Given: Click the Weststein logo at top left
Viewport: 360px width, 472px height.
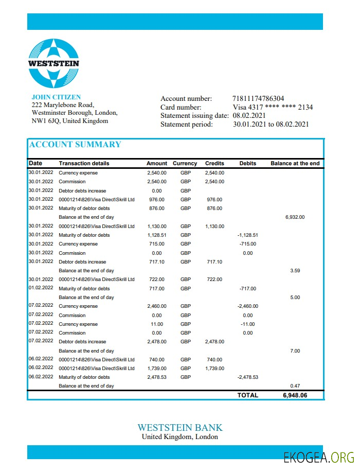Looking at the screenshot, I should [x=53, y=63].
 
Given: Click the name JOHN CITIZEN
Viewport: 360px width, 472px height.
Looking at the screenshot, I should [x=56, y=97].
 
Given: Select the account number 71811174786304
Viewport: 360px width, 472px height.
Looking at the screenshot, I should [x=258, y=99].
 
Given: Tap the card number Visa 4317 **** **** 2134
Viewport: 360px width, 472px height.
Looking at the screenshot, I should [x=273, y=107].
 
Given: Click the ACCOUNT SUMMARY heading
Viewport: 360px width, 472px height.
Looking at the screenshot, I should [x=75, y=145].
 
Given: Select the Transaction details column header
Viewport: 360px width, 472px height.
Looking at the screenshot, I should [x=84, y=164].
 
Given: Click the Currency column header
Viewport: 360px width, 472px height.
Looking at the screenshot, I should [x=185, y=164].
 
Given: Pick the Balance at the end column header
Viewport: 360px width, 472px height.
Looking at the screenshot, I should [x=295, y=164].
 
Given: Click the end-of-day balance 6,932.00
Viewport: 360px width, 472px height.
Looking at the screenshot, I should [x=295, y=217].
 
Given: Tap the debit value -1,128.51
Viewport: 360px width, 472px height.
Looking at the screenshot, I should [x=247, y=235].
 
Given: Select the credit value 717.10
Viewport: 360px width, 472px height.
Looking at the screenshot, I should [x=214, y=262].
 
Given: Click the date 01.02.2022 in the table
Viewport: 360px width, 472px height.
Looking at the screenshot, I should [x=41, y=289].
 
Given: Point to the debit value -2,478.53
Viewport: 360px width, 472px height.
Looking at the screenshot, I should [x=247, y=377].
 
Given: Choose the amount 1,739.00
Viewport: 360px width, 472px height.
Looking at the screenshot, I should [x=157, y=369].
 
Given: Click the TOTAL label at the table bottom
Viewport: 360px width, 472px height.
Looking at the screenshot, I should [x=247, y=395].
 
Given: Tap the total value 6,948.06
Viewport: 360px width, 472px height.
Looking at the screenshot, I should [x=295, y=395].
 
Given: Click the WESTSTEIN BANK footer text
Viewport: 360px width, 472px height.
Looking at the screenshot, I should [x=180, y=428].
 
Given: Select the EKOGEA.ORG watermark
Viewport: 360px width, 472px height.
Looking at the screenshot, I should [x=319, y=457].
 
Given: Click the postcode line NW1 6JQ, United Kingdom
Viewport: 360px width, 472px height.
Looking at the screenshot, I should [x=70, y=121].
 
